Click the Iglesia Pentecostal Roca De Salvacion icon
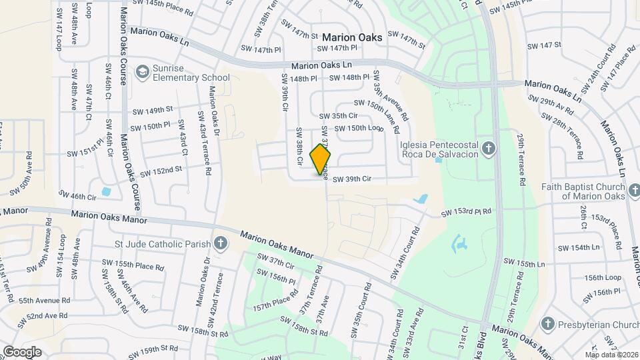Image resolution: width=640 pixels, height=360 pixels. [489, 149]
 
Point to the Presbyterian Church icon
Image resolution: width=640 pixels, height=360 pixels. [547, 324]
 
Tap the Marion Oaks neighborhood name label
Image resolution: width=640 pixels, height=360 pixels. [352, 37]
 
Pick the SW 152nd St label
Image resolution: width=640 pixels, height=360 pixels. [161, 171]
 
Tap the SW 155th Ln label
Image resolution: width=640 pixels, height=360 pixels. [524, 263]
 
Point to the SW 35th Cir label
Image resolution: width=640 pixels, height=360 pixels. [339, 116]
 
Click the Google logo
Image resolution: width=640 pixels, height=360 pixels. [21, 351]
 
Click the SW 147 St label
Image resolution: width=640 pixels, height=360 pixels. [545, 46]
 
